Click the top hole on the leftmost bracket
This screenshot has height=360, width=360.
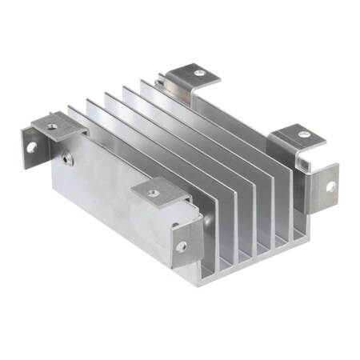pyautogui.click(x=53, y=126)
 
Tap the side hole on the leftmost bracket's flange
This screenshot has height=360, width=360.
pyautogui.click(x=32, y=147)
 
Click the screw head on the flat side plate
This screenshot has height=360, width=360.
pyautogui.click(x=69, y=159)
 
